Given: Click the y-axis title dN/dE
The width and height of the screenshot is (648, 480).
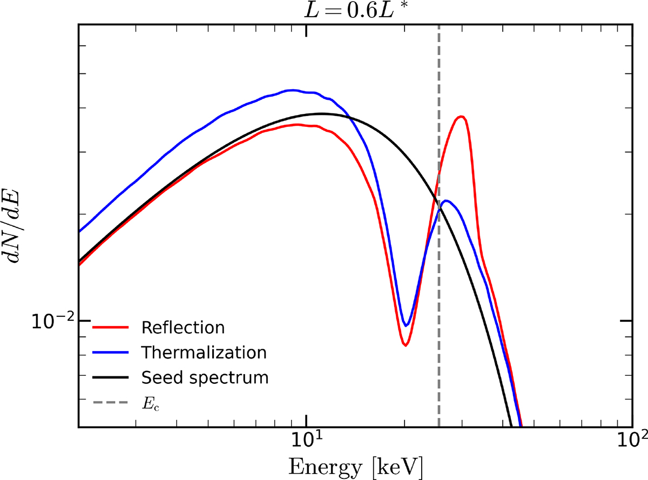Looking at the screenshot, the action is (x=13, y=226).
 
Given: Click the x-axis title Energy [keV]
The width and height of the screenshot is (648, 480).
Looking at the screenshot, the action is (x=355, y=467).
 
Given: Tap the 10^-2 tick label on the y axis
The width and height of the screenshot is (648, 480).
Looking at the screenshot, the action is (x=53, y=322).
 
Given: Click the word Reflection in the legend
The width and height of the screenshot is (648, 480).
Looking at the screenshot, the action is (x=183, y=328).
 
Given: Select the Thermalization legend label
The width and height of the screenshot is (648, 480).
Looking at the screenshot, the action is (x=204, y=353).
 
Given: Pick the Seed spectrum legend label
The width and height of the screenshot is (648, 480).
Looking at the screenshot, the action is (x=205, y=378).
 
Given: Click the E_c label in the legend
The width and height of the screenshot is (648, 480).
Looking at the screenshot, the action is (x=151, y=404).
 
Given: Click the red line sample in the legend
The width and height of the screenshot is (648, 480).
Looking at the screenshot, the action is (x=111, y=328).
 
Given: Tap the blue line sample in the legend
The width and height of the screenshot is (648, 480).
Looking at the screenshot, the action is (x=111, y=353).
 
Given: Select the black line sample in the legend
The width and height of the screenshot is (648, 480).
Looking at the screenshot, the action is (x=111, y=377).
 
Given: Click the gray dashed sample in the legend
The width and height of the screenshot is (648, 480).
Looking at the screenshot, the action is (x=111, y=403).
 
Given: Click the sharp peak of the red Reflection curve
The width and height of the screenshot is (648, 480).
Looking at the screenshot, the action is (x=461, y=117).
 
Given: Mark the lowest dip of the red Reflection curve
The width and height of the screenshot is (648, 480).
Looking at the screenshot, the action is (x=406, y=346).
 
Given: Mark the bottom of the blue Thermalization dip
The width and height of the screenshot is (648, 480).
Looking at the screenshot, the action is (x=406, y=326).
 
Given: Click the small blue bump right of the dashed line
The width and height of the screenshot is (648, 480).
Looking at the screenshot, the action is (x=446, y=201).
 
